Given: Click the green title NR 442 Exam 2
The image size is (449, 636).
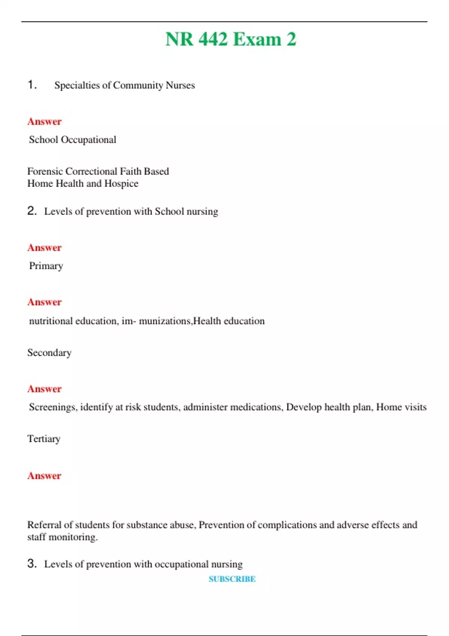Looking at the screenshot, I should (230, 39).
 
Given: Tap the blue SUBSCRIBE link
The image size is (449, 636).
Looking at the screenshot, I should (232, 579).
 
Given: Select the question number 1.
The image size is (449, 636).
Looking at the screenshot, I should (32, 85).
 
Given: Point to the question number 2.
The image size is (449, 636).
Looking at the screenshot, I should (32, 211).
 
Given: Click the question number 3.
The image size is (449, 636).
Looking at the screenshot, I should (32, 563).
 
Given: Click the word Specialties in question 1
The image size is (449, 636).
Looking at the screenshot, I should (77, 85).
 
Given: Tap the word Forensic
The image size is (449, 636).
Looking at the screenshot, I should (45, 171).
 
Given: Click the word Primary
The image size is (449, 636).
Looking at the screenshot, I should (46, 266).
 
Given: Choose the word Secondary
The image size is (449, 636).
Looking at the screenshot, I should (49, 353).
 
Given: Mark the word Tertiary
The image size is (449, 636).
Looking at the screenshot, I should (44, 439).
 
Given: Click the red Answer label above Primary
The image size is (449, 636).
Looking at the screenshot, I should (45, 248).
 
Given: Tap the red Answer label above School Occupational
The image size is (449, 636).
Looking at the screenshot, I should (45, 122).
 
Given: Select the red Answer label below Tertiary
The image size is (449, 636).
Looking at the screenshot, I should (44, 476).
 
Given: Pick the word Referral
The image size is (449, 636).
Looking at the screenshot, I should (44, 525).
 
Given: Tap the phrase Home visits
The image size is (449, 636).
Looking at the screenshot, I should (401, 407).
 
